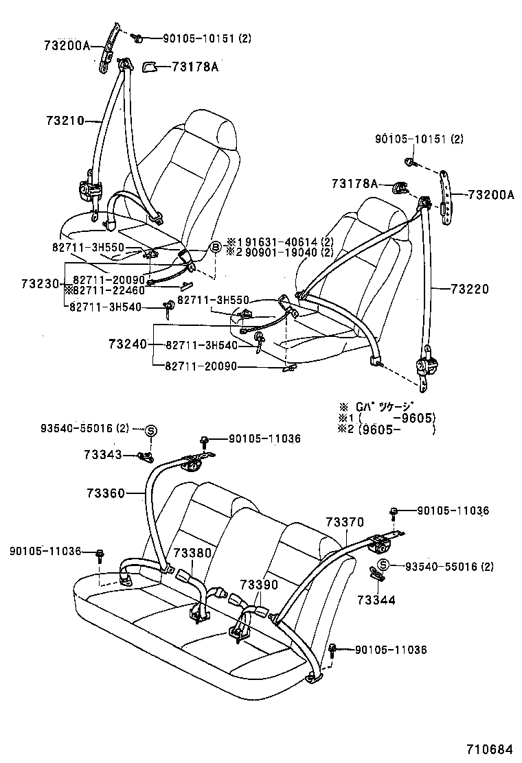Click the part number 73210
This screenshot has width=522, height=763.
click(x=65, y=121)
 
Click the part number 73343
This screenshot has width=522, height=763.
click(x=104, y=455)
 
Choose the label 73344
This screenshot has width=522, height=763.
click(x=376, y=600)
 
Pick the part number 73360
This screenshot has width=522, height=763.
click(x=106, y=493)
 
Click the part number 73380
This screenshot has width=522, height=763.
click(x=192, y=552)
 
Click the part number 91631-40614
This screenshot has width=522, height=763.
click(x=282, y=242)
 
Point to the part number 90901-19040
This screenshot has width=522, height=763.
click(x=282, y=253)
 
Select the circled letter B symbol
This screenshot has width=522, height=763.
click(x=214, y=248)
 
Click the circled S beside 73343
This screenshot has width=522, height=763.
click(x=151, y=430)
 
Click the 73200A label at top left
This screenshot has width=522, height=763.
click(x=67, y=45)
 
